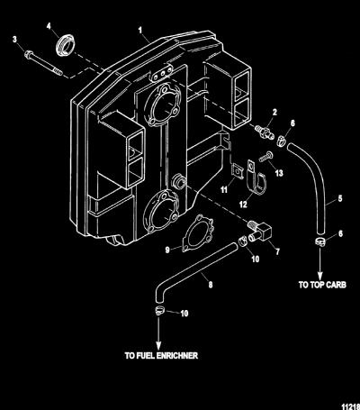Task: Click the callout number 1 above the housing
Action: click(x=139, y=30)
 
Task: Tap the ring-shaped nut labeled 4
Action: click(x=66, y=45)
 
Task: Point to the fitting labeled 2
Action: click(x=264, y=132)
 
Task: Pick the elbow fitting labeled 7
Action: click(x=259, y=230)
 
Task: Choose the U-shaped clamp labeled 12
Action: click(x=255, y=178)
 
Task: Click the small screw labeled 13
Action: click(x=265, y=157)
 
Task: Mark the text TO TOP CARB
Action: click(x=322, y=285)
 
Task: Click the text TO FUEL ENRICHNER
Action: click(x=161, y=356)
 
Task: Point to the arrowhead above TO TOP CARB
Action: click(x=320, y=275)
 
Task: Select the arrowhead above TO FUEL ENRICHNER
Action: click(x=158, y=345)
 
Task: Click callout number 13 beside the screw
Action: click(x=279, y=173)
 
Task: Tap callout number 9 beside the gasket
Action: click(x=167, y=250)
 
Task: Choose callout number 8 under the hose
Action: click(x=211, y=284)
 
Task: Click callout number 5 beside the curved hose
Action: click(x=340, y=198)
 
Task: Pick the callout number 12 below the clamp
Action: click(x=243, y=205)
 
